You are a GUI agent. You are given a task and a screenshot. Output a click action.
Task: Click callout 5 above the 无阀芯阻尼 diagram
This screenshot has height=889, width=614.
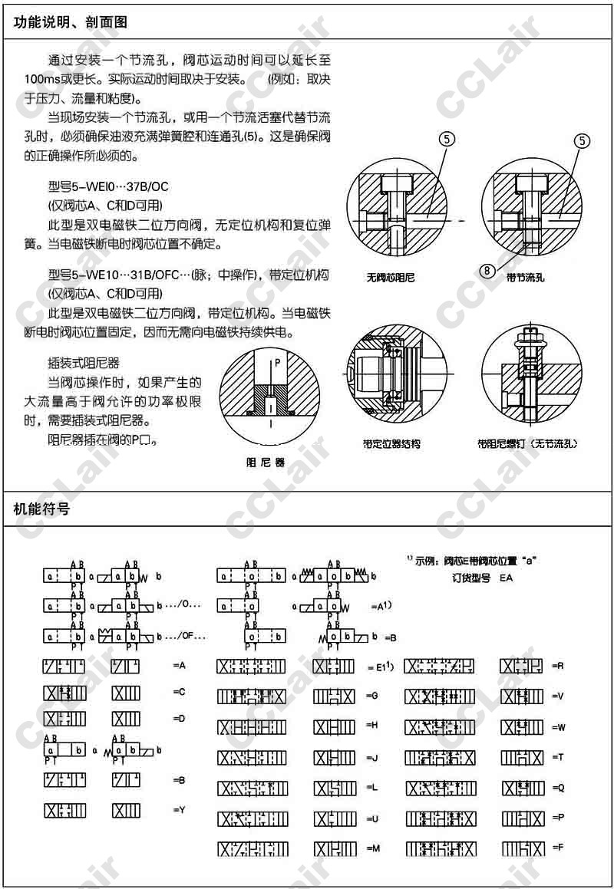(447, 140)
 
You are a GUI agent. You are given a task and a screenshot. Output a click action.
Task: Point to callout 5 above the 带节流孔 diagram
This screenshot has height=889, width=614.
(583, 140)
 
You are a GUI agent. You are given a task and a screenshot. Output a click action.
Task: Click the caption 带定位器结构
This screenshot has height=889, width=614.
(391, 444)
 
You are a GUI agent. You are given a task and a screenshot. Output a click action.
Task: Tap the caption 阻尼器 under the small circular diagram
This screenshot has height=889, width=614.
(265, 463)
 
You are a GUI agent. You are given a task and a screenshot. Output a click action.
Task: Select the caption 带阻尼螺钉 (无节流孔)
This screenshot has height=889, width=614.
(527, 444)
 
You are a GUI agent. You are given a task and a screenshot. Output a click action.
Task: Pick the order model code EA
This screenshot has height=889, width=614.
(506, 578)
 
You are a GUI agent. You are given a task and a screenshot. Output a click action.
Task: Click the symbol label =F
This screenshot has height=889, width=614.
(558, 848)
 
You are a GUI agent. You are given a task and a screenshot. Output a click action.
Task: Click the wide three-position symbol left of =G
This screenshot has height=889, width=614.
(252, 697)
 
